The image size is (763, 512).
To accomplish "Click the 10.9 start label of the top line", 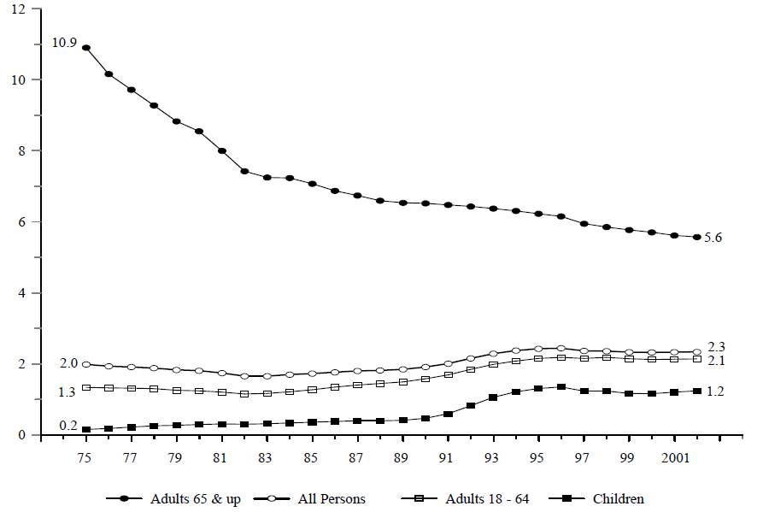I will (63, 43).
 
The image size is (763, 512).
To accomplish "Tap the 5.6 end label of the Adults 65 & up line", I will (713, 238).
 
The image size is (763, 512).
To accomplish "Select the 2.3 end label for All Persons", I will (717, 346).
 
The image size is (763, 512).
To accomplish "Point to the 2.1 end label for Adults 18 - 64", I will (717, 361).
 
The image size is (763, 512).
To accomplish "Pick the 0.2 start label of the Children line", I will (68, 425).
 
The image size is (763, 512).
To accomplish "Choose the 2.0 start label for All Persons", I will (68, 363).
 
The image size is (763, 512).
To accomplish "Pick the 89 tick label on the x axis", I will (400, 458).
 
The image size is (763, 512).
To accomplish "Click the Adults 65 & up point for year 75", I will (86, 48).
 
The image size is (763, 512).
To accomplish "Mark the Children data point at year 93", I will (493, 397).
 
